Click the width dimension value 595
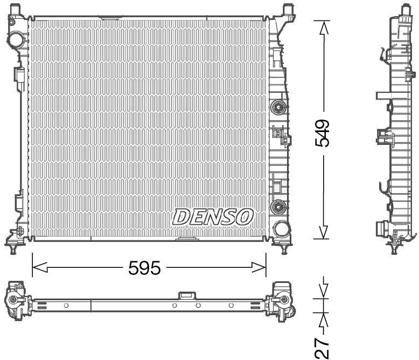coord(144,267)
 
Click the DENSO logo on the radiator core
coord(213,217)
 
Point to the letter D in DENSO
coord(181,217)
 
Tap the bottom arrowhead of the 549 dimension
coord(323,232)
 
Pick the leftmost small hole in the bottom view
coord(66,306)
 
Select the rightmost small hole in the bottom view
coord(231,306)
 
